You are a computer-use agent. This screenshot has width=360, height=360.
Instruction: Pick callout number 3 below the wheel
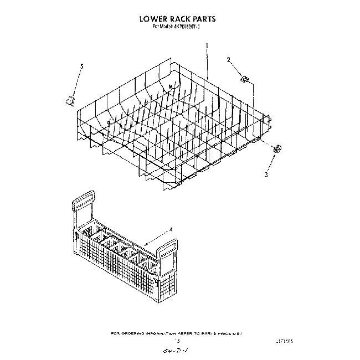pos(266,175)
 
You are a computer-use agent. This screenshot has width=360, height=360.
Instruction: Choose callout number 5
pos(82,66)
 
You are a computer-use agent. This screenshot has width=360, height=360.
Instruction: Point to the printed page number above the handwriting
pos(178,342)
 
